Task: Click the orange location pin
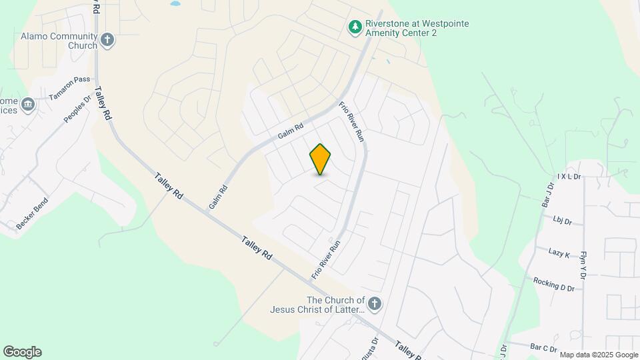321,159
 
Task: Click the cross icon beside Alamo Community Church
107,41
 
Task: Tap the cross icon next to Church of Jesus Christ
375,305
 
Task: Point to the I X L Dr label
569,177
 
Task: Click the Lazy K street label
559,254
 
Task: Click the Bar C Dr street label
543,347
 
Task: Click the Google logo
22,352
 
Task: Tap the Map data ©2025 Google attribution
599,355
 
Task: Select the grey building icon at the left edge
27,105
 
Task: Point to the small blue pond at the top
175,3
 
